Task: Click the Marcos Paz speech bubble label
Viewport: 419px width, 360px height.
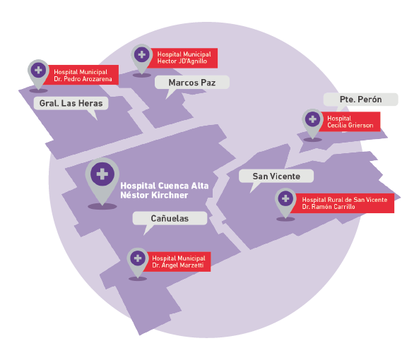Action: (x=192, y=83)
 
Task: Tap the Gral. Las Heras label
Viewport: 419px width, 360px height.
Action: (x=71, y=103)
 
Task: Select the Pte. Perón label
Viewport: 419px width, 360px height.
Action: (x=360, y=100)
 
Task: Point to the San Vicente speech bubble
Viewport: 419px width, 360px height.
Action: (x=276, y=176)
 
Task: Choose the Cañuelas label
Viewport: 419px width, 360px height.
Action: (x=170, y=218)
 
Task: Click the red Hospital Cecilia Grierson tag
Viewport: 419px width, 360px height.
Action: (x=350, y=121)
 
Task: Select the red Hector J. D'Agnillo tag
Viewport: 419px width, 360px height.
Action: (x=184, y=58)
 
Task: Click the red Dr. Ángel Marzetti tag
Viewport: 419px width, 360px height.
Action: (x=177, y=262)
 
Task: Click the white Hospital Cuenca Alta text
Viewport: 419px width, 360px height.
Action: (x=165, y=186)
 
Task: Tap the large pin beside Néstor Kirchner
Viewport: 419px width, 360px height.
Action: (x=102, y=181)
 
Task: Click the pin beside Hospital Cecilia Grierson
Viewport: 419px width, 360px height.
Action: (x=312, y=124)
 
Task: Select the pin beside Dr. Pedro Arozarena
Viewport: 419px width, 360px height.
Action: (x=38, y=74)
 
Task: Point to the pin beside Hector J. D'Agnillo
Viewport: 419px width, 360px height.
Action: (x=141, y=59)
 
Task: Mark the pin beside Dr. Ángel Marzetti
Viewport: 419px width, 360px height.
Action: (x=138, y=263)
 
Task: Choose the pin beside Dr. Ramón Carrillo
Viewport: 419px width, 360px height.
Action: (x=285, y=203)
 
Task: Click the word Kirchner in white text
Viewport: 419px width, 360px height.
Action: (x=170, y=195)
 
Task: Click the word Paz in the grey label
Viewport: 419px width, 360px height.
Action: (x=208, y=83)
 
